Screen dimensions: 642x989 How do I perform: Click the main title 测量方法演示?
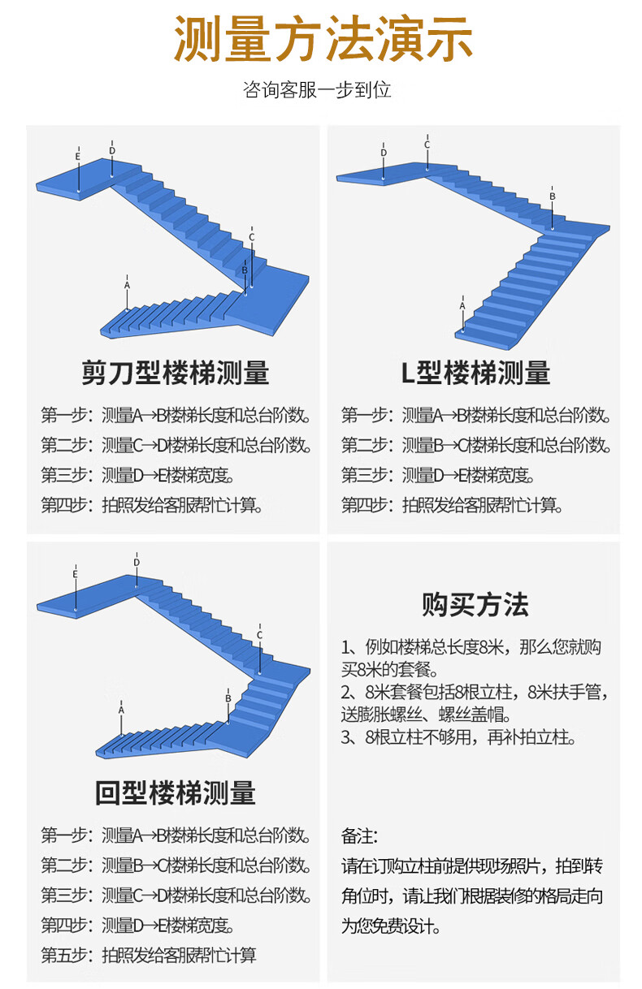tap(323, 38)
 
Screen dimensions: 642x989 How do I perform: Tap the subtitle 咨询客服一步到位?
tap(317, 89)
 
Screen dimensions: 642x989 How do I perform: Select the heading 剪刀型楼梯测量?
tap(176, 373)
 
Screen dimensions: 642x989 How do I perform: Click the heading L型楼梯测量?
tap(475, 373)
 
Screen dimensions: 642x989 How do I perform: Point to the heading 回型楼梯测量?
tap(176, 792)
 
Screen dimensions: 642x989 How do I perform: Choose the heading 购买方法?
tap(475, 604)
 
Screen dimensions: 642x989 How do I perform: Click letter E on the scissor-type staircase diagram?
tap(78, 157)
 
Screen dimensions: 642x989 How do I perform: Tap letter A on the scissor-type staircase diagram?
tap(128, 285)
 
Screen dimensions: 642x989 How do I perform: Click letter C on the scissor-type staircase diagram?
tap(252, 237)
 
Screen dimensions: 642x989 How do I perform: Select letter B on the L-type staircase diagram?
tap(553, 196)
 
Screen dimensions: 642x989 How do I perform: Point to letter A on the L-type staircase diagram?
tap(462, 306)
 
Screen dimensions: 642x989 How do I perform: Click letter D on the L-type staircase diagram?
tap(384, 153)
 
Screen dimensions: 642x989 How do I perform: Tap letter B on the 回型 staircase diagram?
tap(228, 698)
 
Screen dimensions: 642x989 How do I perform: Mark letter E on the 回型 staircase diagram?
tap(75, 574)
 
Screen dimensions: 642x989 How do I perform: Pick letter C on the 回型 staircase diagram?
tap(259, 635)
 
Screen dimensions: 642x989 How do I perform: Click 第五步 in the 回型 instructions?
tap(64, 955)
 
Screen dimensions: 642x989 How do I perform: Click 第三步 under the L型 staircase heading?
tap(364, 475)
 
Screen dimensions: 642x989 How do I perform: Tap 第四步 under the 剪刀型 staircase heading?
tap(64, 505)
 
